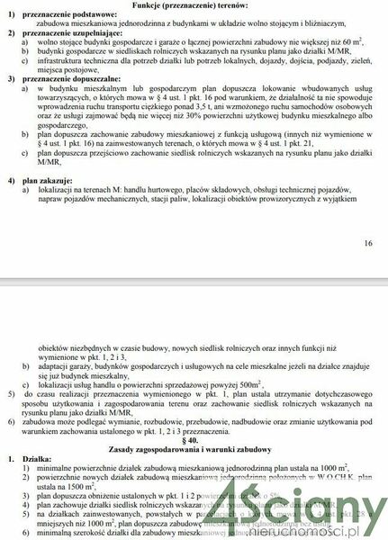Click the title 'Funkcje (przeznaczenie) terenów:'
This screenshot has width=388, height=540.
194,5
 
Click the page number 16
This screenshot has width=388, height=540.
366,244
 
